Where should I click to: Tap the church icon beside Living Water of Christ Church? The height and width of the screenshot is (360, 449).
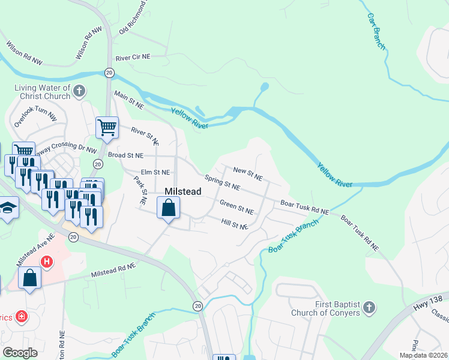click(79, 92)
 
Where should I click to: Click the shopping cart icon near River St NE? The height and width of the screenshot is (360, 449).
click(107, 127)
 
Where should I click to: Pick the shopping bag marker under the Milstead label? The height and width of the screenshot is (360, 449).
click(169, 208)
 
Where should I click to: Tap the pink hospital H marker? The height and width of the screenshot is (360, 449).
click(46, 262)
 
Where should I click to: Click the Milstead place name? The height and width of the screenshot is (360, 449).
click(182, 191)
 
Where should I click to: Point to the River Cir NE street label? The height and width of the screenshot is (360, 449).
click(133, 57)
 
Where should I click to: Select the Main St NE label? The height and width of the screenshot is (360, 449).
click(129, 100)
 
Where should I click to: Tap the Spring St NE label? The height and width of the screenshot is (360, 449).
click(222, 182)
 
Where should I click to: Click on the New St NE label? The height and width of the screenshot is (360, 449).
click(248, 173)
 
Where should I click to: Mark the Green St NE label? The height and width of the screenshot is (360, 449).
click(237, 208)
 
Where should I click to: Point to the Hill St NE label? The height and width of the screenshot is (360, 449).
click(234, 224)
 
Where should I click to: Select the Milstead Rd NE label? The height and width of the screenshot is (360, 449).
click(112, 273)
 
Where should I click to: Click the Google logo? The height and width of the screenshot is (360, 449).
click(20, 352)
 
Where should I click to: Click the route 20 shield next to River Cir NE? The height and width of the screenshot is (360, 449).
click(109, 72)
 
